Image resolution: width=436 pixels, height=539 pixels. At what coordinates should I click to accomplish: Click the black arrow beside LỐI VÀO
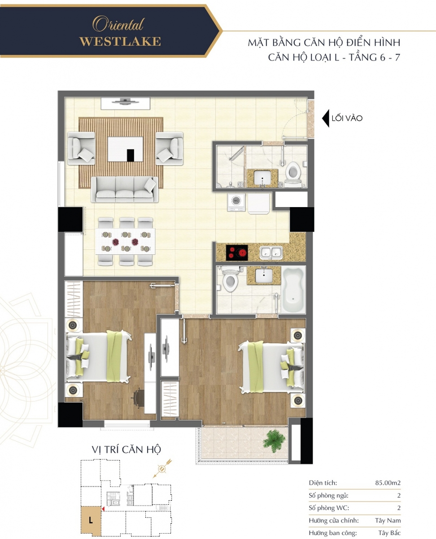point(326,118)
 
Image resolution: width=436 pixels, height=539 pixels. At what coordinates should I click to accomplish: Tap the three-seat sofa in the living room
point(125,189)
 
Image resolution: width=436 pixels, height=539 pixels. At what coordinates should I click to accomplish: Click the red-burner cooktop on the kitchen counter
point(237,252)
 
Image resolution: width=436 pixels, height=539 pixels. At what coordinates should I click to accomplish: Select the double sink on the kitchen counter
point(271,252)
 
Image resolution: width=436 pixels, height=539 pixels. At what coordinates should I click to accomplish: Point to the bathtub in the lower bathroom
point(293,290)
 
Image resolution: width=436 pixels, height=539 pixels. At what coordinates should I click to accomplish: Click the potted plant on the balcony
point(274,441)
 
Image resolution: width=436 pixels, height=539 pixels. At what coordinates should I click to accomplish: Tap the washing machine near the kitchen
point(236,202)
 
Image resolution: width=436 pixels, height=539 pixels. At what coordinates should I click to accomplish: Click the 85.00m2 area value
point(388,482)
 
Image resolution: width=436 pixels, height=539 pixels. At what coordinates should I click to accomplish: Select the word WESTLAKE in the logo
point(120,41)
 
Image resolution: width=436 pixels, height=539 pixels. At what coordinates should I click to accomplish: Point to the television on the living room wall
point(126,102)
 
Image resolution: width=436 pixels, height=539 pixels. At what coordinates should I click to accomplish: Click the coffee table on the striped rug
point(125,149)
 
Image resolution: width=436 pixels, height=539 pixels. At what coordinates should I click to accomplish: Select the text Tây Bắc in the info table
point(389,533)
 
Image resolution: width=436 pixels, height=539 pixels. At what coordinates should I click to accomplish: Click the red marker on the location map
point(103,508)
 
